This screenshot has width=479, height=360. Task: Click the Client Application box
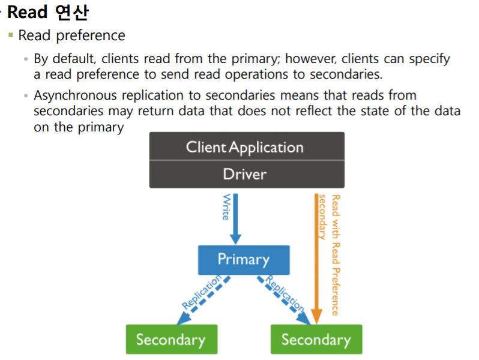click(x=246, y=147)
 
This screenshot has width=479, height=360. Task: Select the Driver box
click(x=246, y=174)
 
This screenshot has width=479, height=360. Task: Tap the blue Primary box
click(x=244, y=259)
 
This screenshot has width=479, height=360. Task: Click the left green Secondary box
click(x=171, y=340)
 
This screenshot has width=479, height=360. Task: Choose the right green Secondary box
click(x=316, y=340)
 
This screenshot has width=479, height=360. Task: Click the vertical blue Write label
click(x=226, y=207)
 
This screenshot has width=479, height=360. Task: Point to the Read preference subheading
click(x=71, y=35)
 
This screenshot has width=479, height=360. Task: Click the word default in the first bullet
click(x=73, y=59)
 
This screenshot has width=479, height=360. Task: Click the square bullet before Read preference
click(x=10, y=35)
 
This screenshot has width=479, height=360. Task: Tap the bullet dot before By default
click(x=26, y=60)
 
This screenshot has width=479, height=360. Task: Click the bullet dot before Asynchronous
click(x=26, y=96)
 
